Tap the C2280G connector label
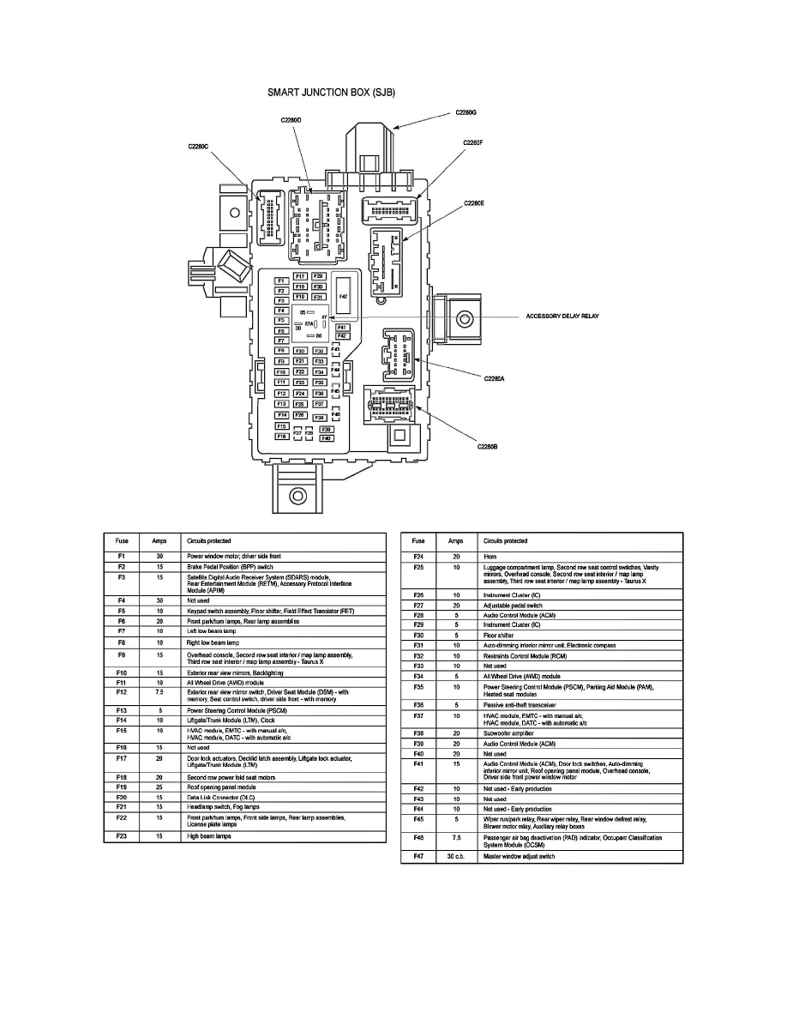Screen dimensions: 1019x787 click(465, 112)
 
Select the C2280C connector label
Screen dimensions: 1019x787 click(198, 147)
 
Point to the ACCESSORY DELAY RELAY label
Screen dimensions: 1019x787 click(562, 316)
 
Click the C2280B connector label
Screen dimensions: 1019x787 click(488, 445)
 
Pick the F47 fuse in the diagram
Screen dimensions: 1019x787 click(343, 295)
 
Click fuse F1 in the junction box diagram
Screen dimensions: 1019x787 click(281, 281)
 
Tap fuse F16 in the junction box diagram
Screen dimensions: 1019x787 click(281, 437)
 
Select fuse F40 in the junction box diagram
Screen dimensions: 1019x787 click(326, 438)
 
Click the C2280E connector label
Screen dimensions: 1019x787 click(474, 203)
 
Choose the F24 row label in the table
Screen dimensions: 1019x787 click(418, 557)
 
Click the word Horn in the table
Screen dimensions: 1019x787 click(490, 557)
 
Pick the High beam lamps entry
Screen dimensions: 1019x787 click(210, 835)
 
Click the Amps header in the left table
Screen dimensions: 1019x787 click(160, 541)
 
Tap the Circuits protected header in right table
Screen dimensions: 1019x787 click(506, 541)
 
